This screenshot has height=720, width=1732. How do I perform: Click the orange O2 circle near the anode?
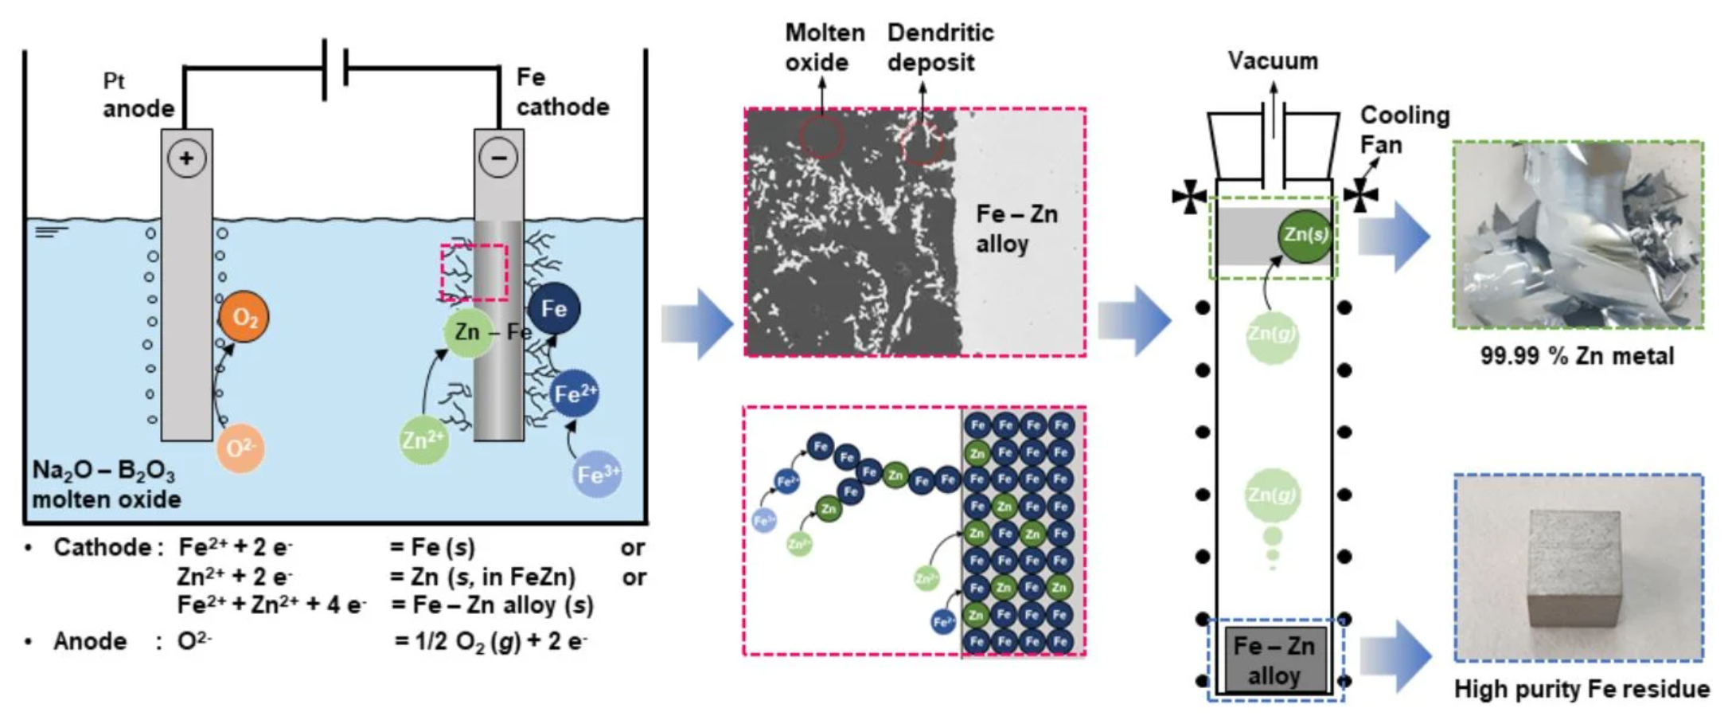(244, 318)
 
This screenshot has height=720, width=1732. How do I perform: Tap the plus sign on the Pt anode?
(186, 158)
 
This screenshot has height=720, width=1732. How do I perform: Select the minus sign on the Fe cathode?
(498, 158)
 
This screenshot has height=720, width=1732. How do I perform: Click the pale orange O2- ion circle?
(240, 448)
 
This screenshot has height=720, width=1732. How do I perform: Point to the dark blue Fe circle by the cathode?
(554, 309)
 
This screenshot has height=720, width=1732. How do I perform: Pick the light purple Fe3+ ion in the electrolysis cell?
(598, 475)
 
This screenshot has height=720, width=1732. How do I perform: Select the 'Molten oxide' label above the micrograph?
(825, 48)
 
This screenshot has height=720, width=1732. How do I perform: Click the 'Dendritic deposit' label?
(940, 48)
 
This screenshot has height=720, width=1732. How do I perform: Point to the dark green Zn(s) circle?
(1305, 236)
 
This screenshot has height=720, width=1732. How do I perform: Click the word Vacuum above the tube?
(1273, 61)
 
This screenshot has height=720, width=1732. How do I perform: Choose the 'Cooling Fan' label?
(1404, 130)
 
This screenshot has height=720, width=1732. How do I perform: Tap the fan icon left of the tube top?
(1189, 196)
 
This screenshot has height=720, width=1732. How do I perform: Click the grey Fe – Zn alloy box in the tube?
(1274, 659)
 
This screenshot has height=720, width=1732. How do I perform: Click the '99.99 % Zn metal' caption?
(1577, 355)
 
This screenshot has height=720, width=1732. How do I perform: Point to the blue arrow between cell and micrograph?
(697, 324)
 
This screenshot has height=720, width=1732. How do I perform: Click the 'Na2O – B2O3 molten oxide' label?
(106, 484)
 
